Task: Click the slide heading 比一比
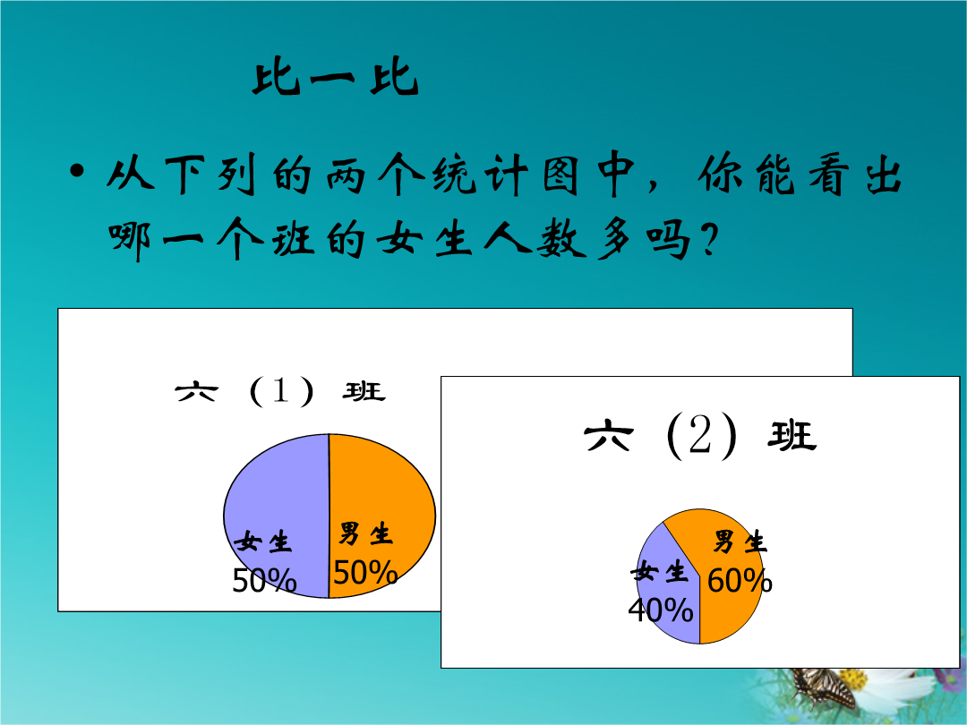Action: point(336,78)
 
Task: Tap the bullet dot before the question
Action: point(76,171)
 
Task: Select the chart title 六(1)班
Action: point(280,391)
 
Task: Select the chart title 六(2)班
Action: point(700,437)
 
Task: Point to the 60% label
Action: point(740,581)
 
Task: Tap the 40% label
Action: point(661,610)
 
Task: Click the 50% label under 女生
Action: point(264,580)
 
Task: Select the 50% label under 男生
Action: point(365,572)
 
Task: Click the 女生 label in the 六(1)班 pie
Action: point(262,542)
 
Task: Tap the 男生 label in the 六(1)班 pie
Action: point(365,533)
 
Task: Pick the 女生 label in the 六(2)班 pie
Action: point(659,572)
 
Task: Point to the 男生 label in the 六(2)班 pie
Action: point(740,542)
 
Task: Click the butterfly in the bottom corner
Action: point(824,687)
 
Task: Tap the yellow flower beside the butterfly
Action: point(854,678)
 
